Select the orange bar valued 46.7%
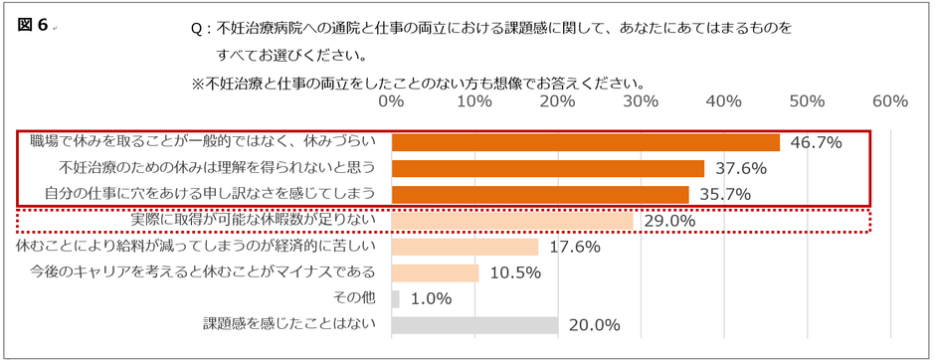(x=585, y=142)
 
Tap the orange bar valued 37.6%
(x=547, y=168)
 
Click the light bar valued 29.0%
(x=511, y=220)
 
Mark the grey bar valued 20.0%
(x=474, y=325)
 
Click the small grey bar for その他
(x=395, y=298)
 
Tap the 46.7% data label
(x=816, y=143)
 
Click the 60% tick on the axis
(x=888, y=101)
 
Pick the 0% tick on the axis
(x=391, y=101)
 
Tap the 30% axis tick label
(x=641, y=101)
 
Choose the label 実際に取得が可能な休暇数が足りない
(x=253, y=219)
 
